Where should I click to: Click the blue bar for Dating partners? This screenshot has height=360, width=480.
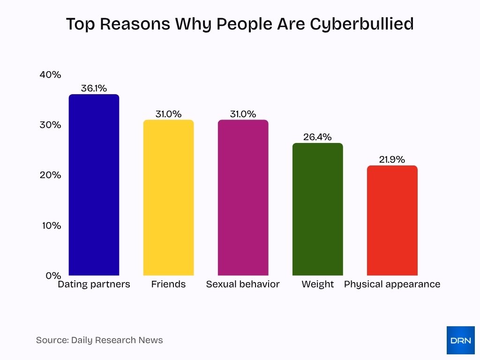click(94, 185)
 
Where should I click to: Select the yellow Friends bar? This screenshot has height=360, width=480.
click(168, 197)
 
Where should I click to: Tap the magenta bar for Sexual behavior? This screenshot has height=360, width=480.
click(243, 197)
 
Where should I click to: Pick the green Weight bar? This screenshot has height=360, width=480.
click(317, 209)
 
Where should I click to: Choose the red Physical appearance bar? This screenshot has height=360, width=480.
click(392, 220)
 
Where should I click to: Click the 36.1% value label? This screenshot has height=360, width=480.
click(94, 88)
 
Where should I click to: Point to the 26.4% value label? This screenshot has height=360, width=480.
click(317, 137)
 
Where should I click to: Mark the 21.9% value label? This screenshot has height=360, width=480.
click(392, 159)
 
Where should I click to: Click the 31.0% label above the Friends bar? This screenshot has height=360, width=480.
click(168, 114)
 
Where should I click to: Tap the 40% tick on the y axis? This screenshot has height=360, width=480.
click(50, 75)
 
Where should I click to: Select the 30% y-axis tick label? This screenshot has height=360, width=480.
click(50, 125)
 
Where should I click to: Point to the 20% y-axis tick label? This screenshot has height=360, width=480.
click(50, 175)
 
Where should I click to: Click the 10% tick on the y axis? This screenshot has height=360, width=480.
click(50, 225)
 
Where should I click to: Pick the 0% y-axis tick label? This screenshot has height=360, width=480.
click(53, 276)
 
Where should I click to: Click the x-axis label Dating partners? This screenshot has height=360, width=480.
click(94, 284)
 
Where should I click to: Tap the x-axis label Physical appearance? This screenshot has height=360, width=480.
click(392, 284)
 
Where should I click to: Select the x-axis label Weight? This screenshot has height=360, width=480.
click(317, 284)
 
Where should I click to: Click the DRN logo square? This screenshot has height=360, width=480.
click(460, 340)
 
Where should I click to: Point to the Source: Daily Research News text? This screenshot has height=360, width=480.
click(99, 340)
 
